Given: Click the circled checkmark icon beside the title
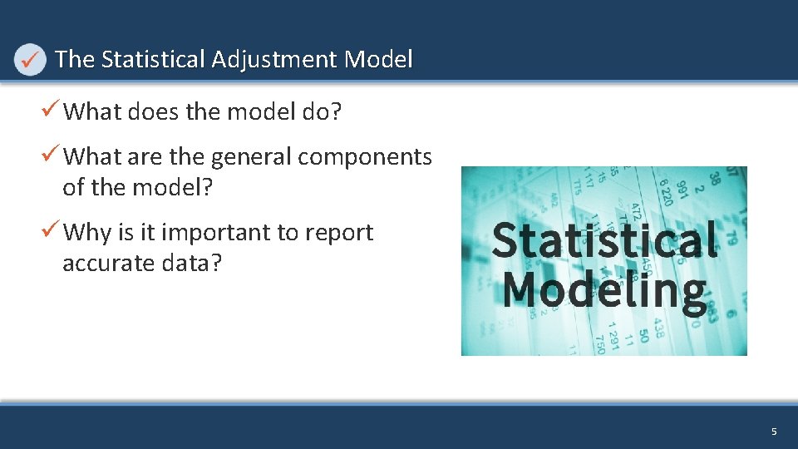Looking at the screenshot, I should tap(30, 60).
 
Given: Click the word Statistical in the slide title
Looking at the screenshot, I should tap(153, 60).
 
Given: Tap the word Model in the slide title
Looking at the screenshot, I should tap(378, 60).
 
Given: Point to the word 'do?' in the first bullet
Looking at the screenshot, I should tap(321, 111).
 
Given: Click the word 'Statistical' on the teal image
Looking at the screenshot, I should tap(604, 240).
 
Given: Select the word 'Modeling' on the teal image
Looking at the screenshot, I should tap(604, 289).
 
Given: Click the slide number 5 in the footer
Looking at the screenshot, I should tap(774, 432).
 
